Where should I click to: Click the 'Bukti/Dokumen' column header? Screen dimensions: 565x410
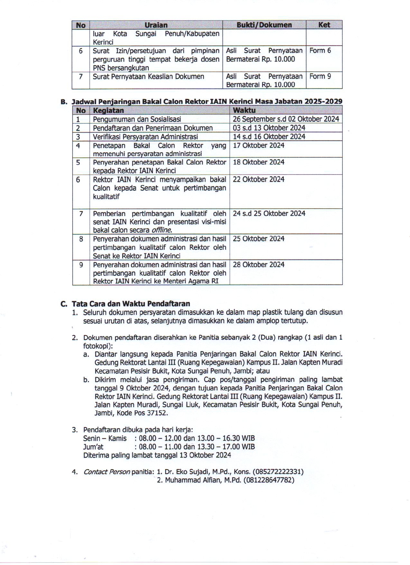[x=264, y=25]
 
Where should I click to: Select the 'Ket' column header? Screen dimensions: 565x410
[x=324, y=25]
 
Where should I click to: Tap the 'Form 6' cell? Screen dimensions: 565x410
[x=320, y=51]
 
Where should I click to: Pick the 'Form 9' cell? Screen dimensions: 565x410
[x=320, y=76]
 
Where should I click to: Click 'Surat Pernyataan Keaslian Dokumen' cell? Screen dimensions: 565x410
[x=148, y=76]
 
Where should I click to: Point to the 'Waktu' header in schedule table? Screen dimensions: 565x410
[x=244, y=110]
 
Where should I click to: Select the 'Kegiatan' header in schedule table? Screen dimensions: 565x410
[x=108, y=110]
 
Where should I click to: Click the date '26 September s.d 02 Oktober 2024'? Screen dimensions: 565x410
[x=286, y=119]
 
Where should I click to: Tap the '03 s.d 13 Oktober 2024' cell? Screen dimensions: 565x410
[x=269, y=128]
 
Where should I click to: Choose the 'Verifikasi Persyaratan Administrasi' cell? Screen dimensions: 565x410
[x=145, y=137]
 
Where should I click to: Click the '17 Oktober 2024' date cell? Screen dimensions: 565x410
[x=258, y=145]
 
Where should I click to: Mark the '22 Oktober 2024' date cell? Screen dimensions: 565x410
[x=258, y=179]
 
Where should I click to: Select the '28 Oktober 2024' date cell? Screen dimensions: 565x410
[x=258, y=265]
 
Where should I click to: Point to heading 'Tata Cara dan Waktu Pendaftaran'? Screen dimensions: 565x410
[x=131, y=304]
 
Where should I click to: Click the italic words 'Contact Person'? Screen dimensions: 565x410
[x=106, y=472]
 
